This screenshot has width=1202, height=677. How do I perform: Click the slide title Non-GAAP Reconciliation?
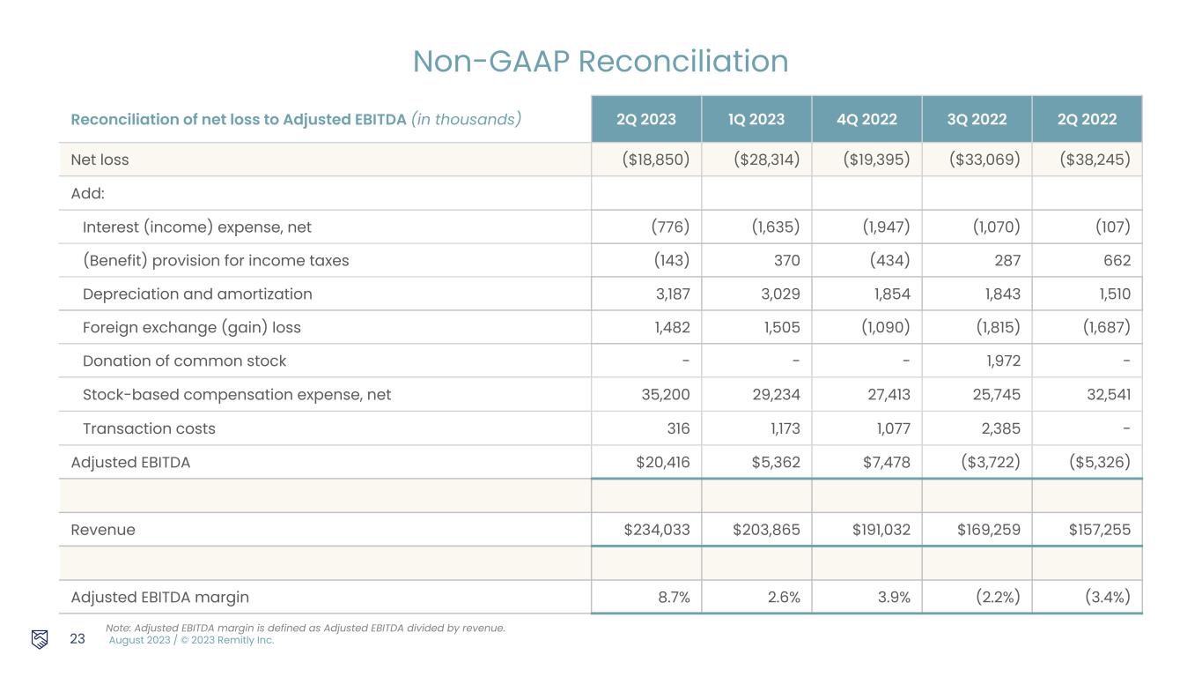click(x=601, y=61)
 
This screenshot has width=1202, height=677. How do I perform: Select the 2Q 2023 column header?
click(x=645, y=119)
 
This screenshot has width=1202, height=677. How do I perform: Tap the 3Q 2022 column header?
click(x=977, y=119)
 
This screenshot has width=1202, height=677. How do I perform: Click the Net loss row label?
click(x=100, y=160)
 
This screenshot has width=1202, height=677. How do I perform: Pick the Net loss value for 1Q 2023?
click(x=766, y=160)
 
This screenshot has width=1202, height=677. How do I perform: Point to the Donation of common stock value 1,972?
click(x=999, y=361)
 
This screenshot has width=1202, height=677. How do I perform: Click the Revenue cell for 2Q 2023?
click(x=656, y=530)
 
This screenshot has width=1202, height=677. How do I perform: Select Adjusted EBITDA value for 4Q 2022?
click(x=877, y=462)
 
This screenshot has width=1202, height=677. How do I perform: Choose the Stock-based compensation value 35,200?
click(x=666, y=394)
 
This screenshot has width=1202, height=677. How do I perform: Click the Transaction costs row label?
click(x=149, y=428)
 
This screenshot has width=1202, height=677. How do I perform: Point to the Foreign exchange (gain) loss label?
click(x=191, y=327)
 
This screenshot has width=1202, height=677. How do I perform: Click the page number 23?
click(x=77, y=639)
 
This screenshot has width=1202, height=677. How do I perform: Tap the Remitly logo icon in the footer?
click(x=40, y=639)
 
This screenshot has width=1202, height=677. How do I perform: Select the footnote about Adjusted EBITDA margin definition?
click(x=305, y=628)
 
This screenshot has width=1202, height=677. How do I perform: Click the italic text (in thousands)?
click(x=466, y=119)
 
